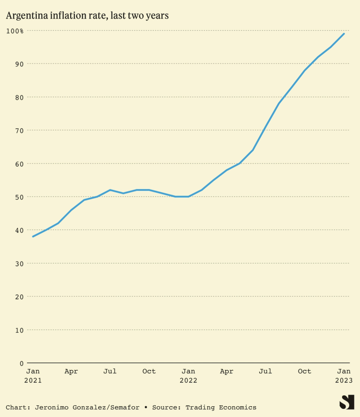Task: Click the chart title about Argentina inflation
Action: pyautogui.click(x=87, y=16)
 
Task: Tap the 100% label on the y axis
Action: pyautogui.click(x=15, y=31)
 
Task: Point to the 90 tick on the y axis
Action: pyautogui.click(x=18, y=64)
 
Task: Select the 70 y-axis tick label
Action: pyautogui.click(x=18, y=131)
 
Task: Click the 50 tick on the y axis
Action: pyautogui.click(x=18, y=197)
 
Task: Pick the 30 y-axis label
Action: pyautogui.click(x=18, y=263)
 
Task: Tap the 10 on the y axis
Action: pyautogui.click(x=18, y=330)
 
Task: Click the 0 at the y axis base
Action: pyautogui.click(x=21, y=363)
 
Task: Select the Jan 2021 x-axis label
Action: pyautogui.click(x=33, y=376)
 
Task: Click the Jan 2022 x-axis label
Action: pyautogui.click(x=188, y=376)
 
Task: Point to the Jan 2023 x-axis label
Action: pyautogui.click(x=344, y=376)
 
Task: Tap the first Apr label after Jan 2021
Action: pyautogui.click(x=71, y=372)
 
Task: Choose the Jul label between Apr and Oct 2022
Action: pyautogui.click(x=265, y=372)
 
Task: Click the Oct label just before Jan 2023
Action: pyautogui.click(x=305, y=372)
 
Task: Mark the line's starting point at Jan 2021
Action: pyautogui.click(x=33, y=236)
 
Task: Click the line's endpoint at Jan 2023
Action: pyautogui.click(x=344, y=33)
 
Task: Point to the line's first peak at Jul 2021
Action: pyautogui.click(x=110, y=190)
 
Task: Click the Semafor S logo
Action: pyautogui.click(x=346, y=402)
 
